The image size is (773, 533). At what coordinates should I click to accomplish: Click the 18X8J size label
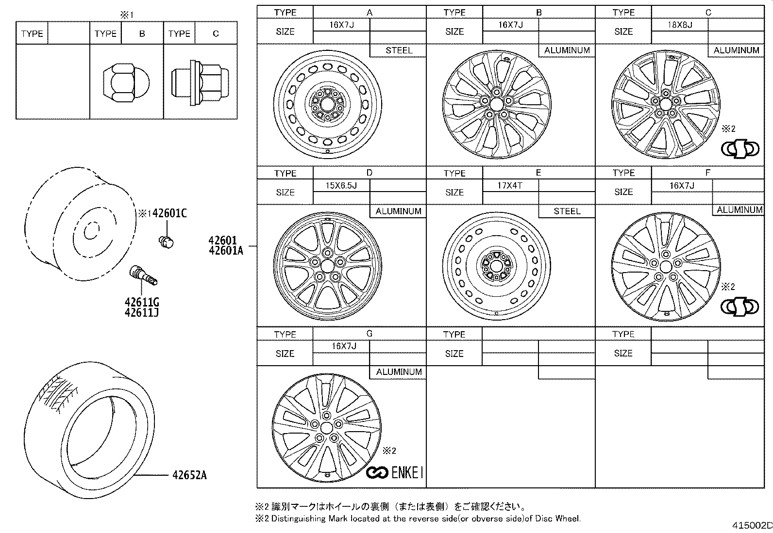(x=679, y=25)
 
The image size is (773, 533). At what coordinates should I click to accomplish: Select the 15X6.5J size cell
(x=341, y=186)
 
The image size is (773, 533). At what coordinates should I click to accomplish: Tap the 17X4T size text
(x=510, y=186)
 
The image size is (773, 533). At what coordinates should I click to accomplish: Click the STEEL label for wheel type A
(x=399, y=50)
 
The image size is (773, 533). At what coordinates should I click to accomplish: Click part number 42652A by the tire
(x=189, y=475)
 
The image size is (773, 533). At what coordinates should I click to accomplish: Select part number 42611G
(x=142, y=303)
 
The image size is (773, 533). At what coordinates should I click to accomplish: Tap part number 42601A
(x=226, y=250)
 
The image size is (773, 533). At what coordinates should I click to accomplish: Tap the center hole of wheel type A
(x=327, y=105)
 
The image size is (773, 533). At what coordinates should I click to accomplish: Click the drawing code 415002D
(x=752, y=526)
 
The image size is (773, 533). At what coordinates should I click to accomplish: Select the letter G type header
(x=370, y=334)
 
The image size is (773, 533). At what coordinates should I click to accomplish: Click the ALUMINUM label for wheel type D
(x=398, y=211)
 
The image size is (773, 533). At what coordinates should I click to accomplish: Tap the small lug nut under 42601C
(x=167, y=241)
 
